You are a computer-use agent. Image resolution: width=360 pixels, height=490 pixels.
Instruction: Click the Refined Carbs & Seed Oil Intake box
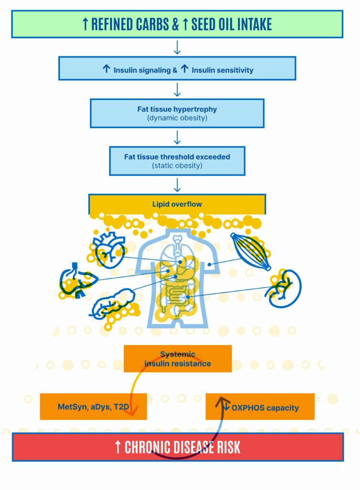(177, 24)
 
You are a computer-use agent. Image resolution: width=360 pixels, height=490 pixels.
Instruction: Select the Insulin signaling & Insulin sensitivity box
(177, 68)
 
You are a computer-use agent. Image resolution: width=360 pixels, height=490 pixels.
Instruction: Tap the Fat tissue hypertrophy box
(177, 113)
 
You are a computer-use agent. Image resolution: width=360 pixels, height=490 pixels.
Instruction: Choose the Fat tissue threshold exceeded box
(177, 161)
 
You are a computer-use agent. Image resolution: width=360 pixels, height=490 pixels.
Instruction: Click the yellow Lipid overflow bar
(177, 204)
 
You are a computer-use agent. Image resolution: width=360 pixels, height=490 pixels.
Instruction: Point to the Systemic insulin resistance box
(178, 359)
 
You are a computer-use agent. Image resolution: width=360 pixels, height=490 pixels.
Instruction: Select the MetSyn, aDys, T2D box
(93, 407)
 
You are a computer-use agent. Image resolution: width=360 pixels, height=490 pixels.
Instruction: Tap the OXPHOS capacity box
(260, 407)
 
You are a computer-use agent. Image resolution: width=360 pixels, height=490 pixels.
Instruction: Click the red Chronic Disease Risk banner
(178, 447)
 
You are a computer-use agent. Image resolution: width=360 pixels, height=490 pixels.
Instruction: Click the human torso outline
(177, 278)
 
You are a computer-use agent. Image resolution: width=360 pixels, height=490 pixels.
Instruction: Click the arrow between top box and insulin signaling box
(177, 47)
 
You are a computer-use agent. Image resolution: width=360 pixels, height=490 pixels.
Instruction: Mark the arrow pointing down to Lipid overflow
(177, 185)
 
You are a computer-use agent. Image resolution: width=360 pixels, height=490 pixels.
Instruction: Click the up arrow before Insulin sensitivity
(185, 68)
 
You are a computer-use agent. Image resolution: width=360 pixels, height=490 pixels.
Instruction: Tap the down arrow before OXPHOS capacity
(226, 406)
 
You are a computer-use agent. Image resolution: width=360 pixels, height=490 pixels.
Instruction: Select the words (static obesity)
(177, 166)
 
